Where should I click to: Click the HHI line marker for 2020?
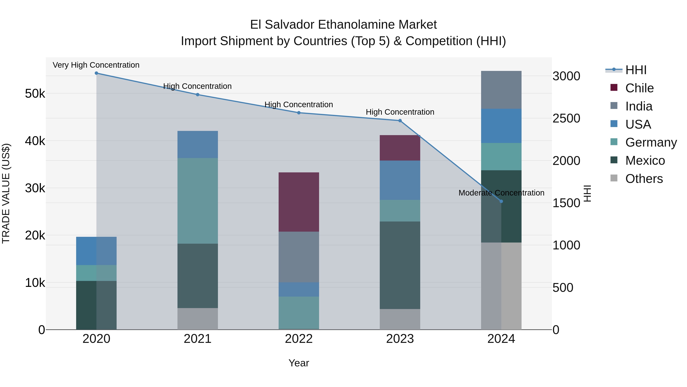click(x=96, y=73)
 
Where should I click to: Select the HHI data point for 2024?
click(x=501, y=201)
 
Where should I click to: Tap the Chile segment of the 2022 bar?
click(x=299, y=202)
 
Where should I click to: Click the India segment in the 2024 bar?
click(x=501, y=90)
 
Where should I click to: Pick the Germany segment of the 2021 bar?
click(x=198, y=201)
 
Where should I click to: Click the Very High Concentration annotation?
click(x=96, y=65)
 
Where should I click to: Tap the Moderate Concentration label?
click(x=501, y=193)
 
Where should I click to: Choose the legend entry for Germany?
click(x=651, y=142)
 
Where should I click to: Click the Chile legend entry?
click(x=639, y=88)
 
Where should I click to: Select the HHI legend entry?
click(x=636, y=70)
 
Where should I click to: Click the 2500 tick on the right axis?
click(x=566, y=118)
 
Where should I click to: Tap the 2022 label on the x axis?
click(x=299, y=339)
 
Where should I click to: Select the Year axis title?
click(x=299, y=363)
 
